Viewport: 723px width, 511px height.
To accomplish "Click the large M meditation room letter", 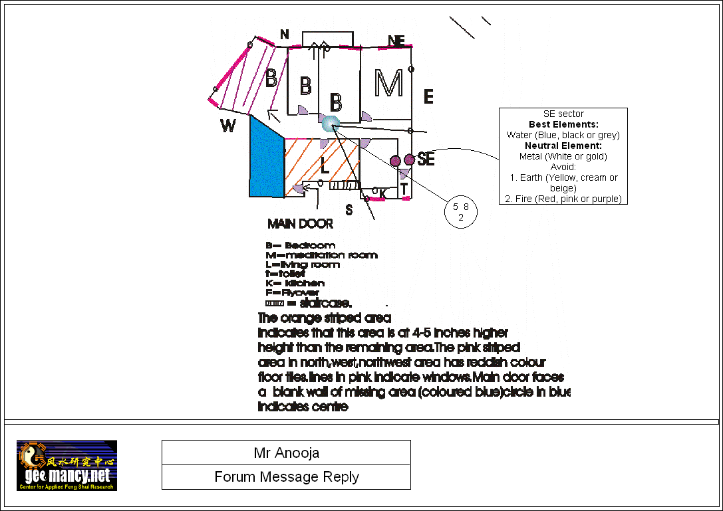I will (388, 83).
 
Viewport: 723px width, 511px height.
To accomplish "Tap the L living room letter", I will (324, 163).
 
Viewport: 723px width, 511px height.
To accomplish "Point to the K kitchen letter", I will (382, 193).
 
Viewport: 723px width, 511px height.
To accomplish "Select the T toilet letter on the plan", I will (404, 189).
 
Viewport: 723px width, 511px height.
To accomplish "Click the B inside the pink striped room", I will (271, 78).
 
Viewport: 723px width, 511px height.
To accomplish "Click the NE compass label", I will (396, 41).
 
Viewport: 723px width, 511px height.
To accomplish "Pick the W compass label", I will (228, 126).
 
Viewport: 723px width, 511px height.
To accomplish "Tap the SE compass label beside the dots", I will (426, 159).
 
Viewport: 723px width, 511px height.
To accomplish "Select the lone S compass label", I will (349, 210).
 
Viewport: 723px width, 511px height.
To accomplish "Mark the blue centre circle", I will (330, 123).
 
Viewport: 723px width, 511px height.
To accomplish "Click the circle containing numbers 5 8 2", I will (461, 211).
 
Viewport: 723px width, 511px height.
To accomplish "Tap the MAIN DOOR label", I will (300, 224).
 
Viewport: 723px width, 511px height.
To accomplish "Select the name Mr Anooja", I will (286, 453).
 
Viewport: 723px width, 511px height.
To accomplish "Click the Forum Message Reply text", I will (286, 477).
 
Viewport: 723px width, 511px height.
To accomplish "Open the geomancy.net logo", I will (67, 465).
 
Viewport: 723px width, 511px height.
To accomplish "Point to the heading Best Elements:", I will (563, 124).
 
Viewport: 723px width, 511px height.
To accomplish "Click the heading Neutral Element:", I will (563, 146).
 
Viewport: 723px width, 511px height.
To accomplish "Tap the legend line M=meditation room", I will (321, 255).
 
